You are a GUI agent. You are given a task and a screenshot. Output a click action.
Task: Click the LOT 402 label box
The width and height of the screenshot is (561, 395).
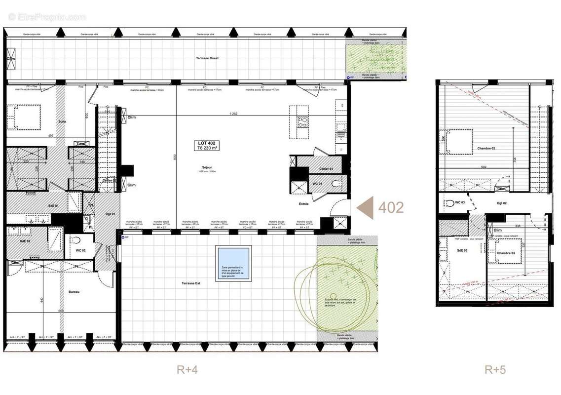click(207, 145)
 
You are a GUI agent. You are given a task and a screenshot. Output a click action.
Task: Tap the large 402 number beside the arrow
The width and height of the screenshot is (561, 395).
click(391, 207)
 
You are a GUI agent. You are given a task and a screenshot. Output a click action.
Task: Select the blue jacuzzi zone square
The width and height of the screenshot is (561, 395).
click(233, 264)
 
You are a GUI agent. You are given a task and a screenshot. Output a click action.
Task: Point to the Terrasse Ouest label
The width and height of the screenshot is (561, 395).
click(207, 58)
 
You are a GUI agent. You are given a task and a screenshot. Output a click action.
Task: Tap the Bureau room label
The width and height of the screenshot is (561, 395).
click(74, 292)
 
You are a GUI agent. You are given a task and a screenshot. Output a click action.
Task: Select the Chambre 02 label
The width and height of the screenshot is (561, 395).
click(486, 149)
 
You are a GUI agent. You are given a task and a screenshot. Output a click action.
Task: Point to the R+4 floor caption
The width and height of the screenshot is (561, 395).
click(187, 369)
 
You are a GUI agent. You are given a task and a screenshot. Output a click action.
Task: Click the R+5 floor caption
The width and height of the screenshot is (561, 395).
click(495, 369)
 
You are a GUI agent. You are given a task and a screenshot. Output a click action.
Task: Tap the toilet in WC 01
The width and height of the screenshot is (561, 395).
click(336, 184)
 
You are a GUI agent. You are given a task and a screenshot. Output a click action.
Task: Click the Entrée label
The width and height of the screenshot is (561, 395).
click(303, 203)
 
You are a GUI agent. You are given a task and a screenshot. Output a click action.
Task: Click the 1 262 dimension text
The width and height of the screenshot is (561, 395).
click(234, 114)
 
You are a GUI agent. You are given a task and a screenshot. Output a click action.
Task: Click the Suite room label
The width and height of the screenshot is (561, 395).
click(62, 121)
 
